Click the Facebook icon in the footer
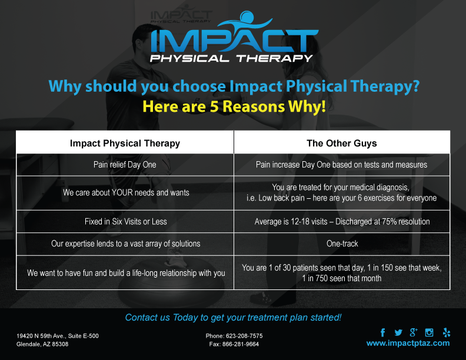pos(383,332)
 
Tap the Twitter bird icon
pos(398,333)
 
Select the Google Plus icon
pos(414,332)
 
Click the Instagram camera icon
pos(429,332)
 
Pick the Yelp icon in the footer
pos(447,332)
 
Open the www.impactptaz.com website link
pos(408,344)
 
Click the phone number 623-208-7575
pos(244,336)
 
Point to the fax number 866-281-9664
pos(241,344)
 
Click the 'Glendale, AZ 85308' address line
pos(42,344)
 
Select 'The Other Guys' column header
pos(342,143)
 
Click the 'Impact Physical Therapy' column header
pos(125,144)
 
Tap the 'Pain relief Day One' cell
pos(125,165)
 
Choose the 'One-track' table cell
pos(342,244)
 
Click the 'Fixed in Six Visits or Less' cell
pos(126,222)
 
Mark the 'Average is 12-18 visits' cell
pos(342,222)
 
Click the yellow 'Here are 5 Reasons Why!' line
pos(234,106)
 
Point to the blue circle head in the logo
pos(247,17)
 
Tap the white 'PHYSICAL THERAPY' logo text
pos(231,58)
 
